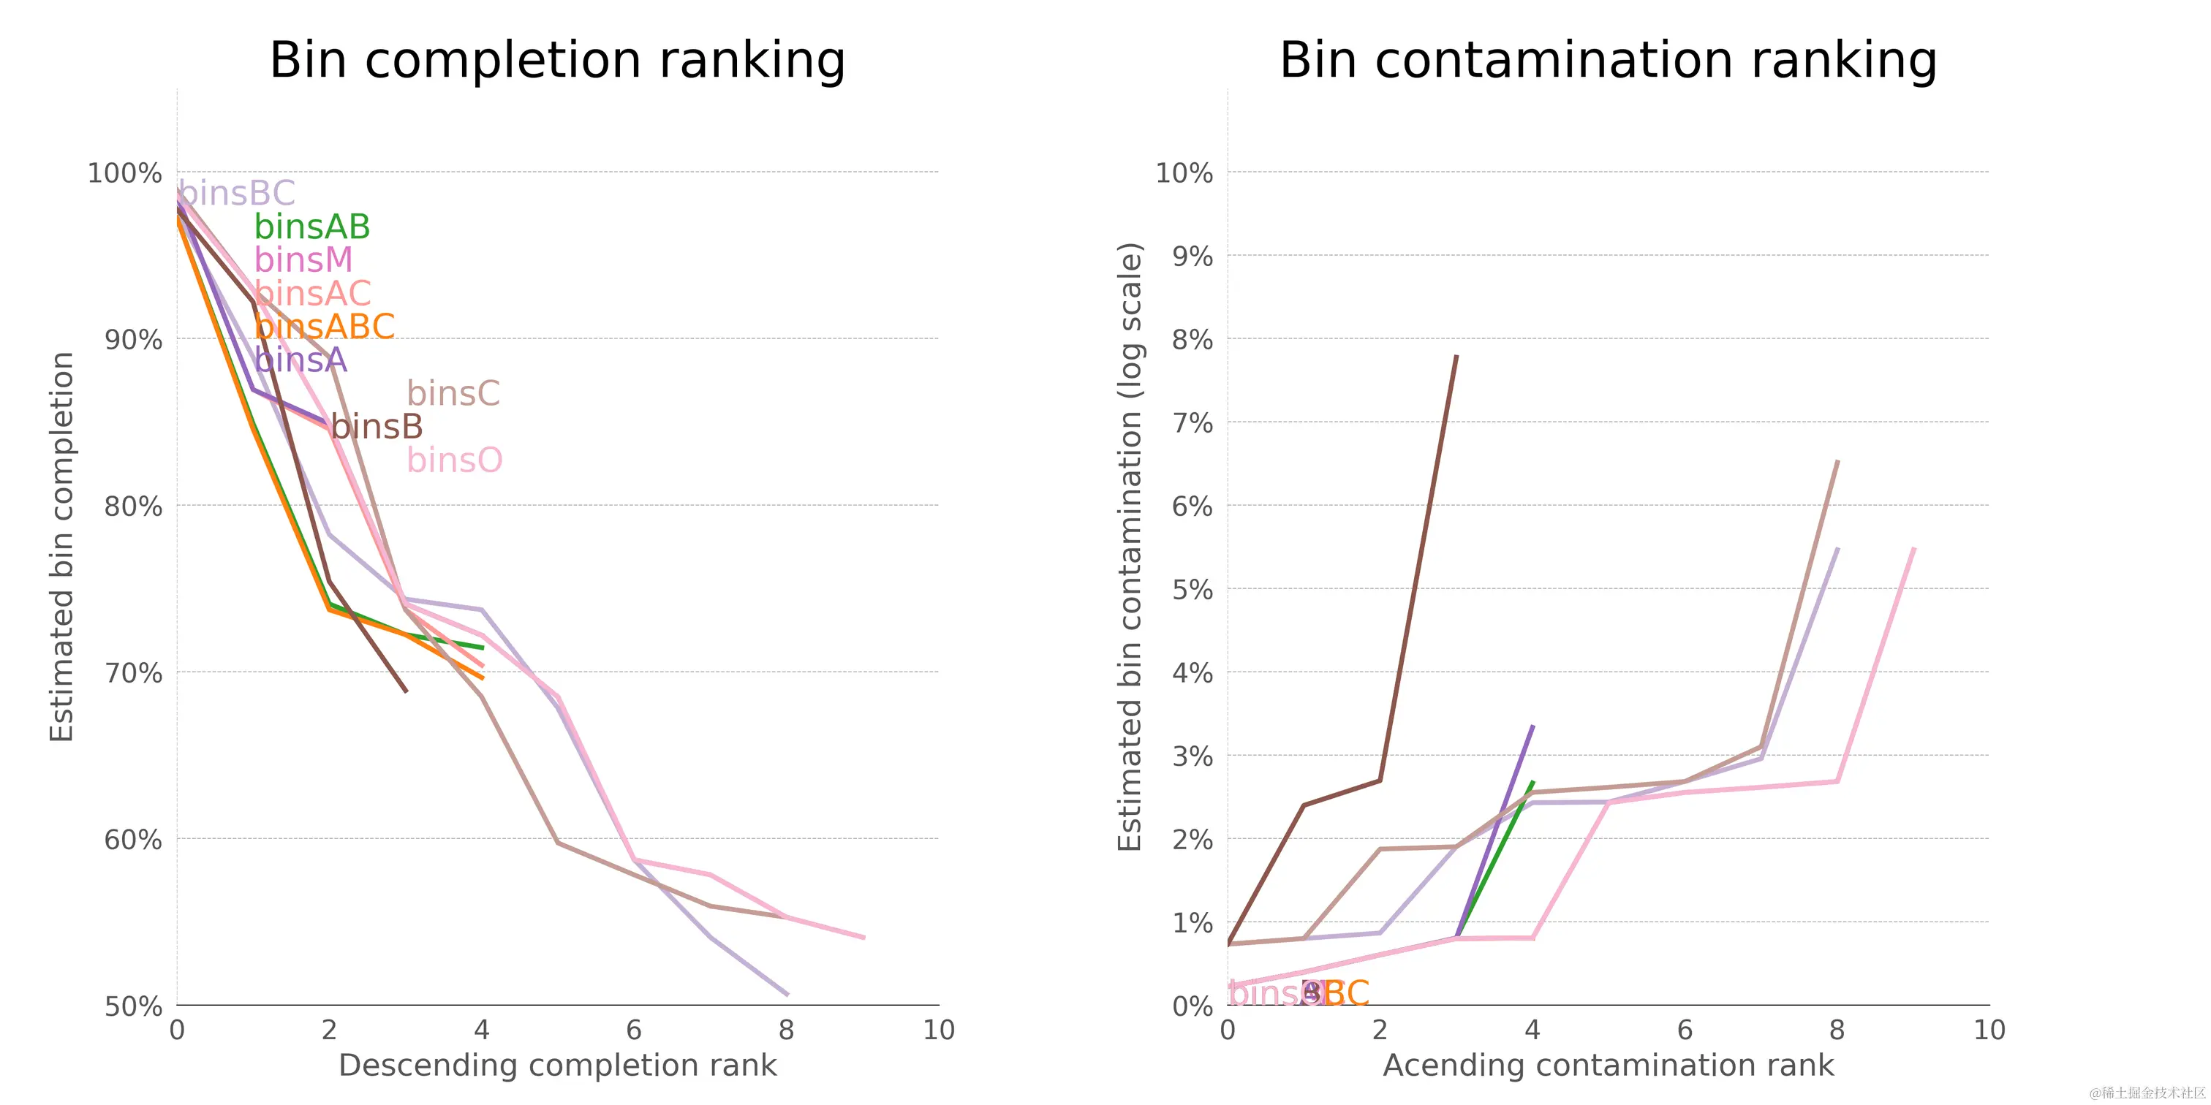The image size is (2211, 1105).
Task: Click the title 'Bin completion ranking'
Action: (557, 60)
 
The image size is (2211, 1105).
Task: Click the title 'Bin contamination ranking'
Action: (1608, 60)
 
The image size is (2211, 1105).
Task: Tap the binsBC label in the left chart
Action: (237, 193)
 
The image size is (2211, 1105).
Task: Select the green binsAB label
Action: (312, 227)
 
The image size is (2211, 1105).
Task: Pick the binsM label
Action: (303, 259)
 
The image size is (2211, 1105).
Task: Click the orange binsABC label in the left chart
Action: (325, 326)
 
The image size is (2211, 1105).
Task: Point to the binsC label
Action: (453, 393)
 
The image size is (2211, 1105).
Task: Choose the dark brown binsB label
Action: (377, 426)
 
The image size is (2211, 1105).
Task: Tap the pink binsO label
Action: (454, 460)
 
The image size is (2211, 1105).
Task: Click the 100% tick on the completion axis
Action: (124, 172)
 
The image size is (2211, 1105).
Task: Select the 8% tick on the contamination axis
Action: (1193, 340)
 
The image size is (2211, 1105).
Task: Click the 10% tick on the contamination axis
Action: (1184, 172)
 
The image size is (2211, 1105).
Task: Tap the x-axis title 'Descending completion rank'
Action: (557, 1065)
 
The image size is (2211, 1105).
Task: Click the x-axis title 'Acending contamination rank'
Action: (1608, 1065)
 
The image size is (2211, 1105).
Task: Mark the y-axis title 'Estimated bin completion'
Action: (62, 547)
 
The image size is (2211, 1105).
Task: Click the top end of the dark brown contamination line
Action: (1456, 356)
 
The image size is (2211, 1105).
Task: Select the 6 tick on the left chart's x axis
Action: (633, 1030)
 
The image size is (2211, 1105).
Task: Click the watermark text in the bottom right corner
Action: (2147, 1092)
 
